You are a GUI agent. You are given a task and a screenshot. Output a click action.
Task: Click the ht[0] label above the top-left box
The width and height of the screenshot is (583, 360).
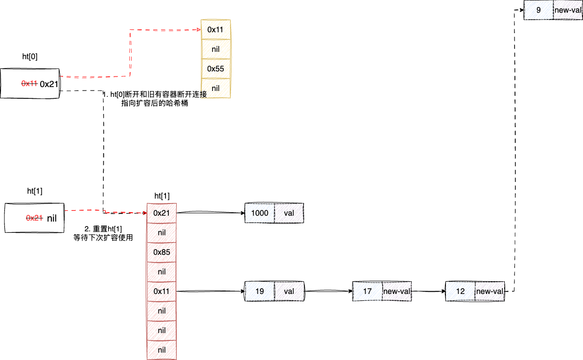coord(30,56)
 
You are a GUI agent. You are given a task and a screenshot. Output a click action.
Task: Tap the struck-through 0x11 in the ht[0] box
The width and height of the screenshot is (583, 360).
coord(29,84)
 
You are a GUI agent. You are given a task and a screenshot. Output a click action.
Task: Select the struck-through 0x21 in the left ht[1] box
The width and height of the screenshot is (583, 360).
coord(34,218)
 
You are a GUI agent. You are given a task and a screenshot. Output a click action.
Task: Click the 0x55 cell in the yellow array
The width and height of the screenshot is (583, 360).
coord(215,68)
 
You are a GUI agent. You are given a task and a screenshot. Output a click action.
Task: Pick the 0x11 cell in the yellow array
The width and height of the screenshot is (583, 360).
coord(215,29)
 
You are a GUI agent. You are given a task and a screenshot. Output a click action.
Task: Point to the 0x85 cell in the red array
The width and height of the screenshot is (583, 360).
coord(162,252)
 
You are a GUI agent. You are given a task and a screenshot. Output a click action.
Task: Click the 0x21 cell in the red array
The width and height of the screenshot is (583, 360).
coord(162,213)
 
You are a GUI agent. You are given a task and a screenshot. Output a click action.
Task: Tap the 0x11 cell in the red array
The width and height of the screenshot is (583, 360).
coord(162,291)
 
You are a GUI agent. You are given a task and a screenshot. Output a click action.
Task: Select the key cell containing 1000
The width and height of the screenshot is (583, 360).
coord(259,213)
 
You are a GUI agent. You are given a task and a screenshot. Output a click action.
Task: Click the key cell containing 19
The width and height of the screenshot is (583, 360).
coord(259,291)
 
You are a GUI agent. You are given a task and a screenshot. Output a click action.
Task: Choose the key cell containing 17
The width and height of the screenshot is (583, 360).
coord(367,291)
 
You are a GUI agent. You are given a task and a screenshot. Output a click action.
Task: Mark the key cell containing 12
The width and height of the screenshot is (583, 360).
coord(460,291)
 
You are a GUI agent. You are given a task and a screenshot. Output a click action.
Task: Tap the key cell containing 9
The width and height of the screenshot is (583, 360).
coord(538,10)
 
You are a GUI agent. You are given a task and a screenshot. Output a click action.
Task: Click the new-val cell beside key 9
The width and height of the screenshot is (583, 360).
coord(568,10)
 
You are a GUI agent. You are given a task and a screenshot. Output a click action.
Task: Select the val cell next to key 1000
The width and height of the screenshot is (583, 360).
coord(289,213)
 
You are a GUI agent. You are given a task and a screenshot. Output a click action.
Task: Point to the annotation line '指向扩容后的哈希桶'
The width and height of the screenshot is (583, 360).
coord(155,103)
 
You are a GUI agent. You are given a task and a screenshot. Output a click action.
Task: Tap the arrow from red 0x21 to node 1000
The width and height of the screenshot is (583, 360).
coord(210,213)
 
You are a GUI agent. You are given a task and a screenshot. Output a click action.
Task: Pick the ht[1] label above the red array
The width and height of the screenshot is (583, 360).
coord(162,196)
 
